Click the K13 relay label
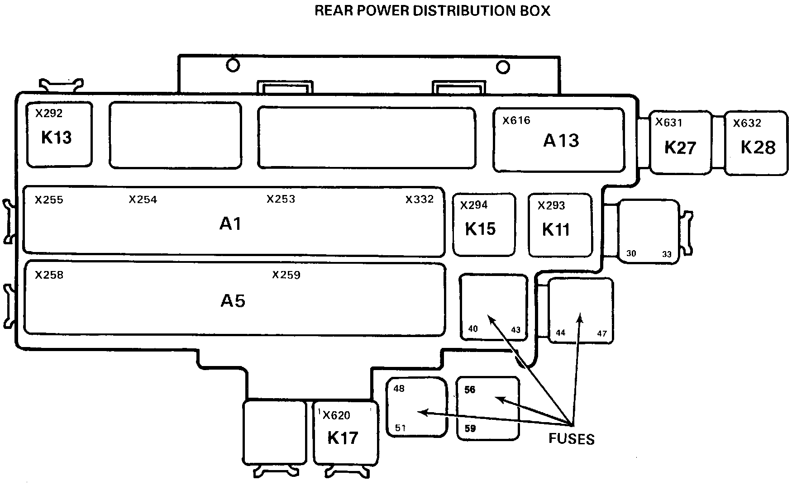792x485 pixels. point(57,138)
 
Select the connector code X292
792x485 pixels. point(49,113)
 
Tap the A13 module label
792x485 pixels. point(561,141)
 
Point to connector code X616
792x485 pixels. point(516,120)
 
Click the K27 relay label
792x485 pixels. point(680,148)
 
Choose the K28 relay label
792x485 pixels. point(758,147)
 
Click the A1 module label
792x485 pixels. point(230,223)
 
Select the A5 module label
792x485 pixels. point(233,301)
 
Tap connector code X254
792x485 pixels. point(143,200)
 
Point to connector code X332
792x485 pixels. point(420,199)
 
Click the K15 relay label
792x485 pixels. point(480,229)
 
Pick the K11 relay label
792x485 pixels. point(556,230)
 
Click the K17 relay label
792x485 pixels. point(343,437)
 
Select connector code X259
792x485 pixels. point(286,275)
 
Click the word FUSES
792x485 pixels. point(572,438)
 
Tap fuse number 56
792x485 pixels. point(470,390)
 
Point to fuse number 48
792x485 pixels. point(399,389)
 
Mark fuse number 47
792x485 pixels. point(602,333)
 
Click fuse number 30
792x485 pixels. point(631,253)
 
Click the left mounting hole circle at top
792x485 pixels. point(233,66)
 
